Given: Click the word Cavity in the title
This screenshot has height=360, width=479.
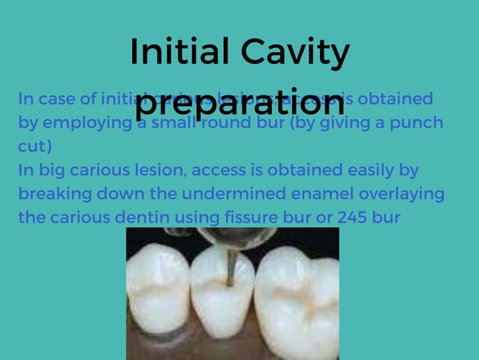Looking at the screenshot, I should (295, 53).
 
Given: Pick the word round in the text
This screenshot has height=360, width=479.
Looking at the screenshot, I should (224, 123).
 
